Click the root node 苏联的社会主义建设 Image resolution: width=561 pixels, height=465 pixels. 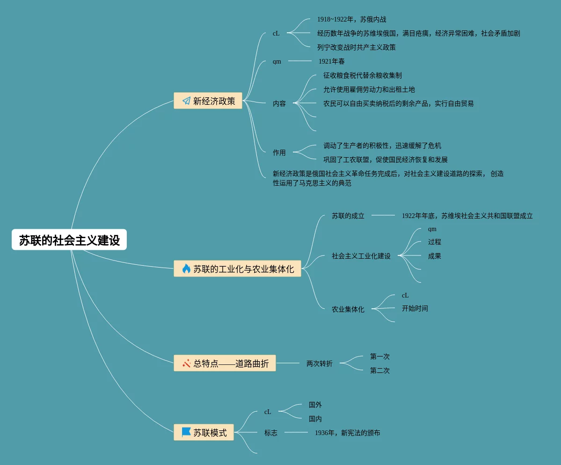click(69, 240)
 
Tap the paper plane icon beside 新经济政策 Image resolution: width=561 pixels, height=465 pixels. click(186, 101)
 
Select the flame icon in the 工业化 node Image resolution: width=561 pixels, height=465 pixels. click(186, 269)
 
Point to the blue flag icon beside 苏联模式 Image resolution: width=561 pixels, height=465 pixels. click(186, 432)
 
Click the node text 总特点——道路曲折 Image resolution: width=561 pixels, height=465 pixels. click(231, 363)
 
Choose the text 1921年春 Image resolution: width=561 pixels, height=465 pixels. click(332, 61)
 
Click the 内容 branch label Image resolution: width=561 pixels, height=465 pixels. click(279, 103)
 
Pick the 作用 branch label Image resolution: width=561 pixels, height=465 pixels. click(279, 153)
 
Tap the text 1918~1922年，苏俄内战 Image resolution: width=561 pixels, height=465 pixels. click(352, 19)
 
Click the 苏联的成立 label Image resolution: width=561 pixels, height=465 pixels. click(348, 216)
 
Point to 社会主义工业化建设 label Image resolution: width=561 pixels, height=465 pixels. click(361, 256)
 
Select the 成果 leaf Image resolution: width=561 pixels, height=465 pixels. click(435, 256)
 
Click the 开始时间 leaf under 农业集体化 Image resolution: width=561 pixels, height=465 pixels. click(415, 308)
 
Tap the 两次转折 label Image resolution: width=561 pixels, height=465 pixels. click(320, 363)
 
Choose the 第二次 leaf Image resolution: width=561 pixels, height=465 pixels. click(380, 371)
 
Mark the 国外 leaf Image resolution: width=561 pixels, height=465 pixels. click(315, 405)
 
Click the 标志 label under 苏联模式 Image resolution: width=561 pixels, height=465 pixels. click(271, 433)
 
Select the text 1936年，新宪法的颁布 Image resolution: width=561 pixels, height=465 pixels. click(348, 433)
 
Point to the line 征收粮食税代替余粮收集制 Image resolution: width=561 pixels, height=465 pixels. click(363, 75)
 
